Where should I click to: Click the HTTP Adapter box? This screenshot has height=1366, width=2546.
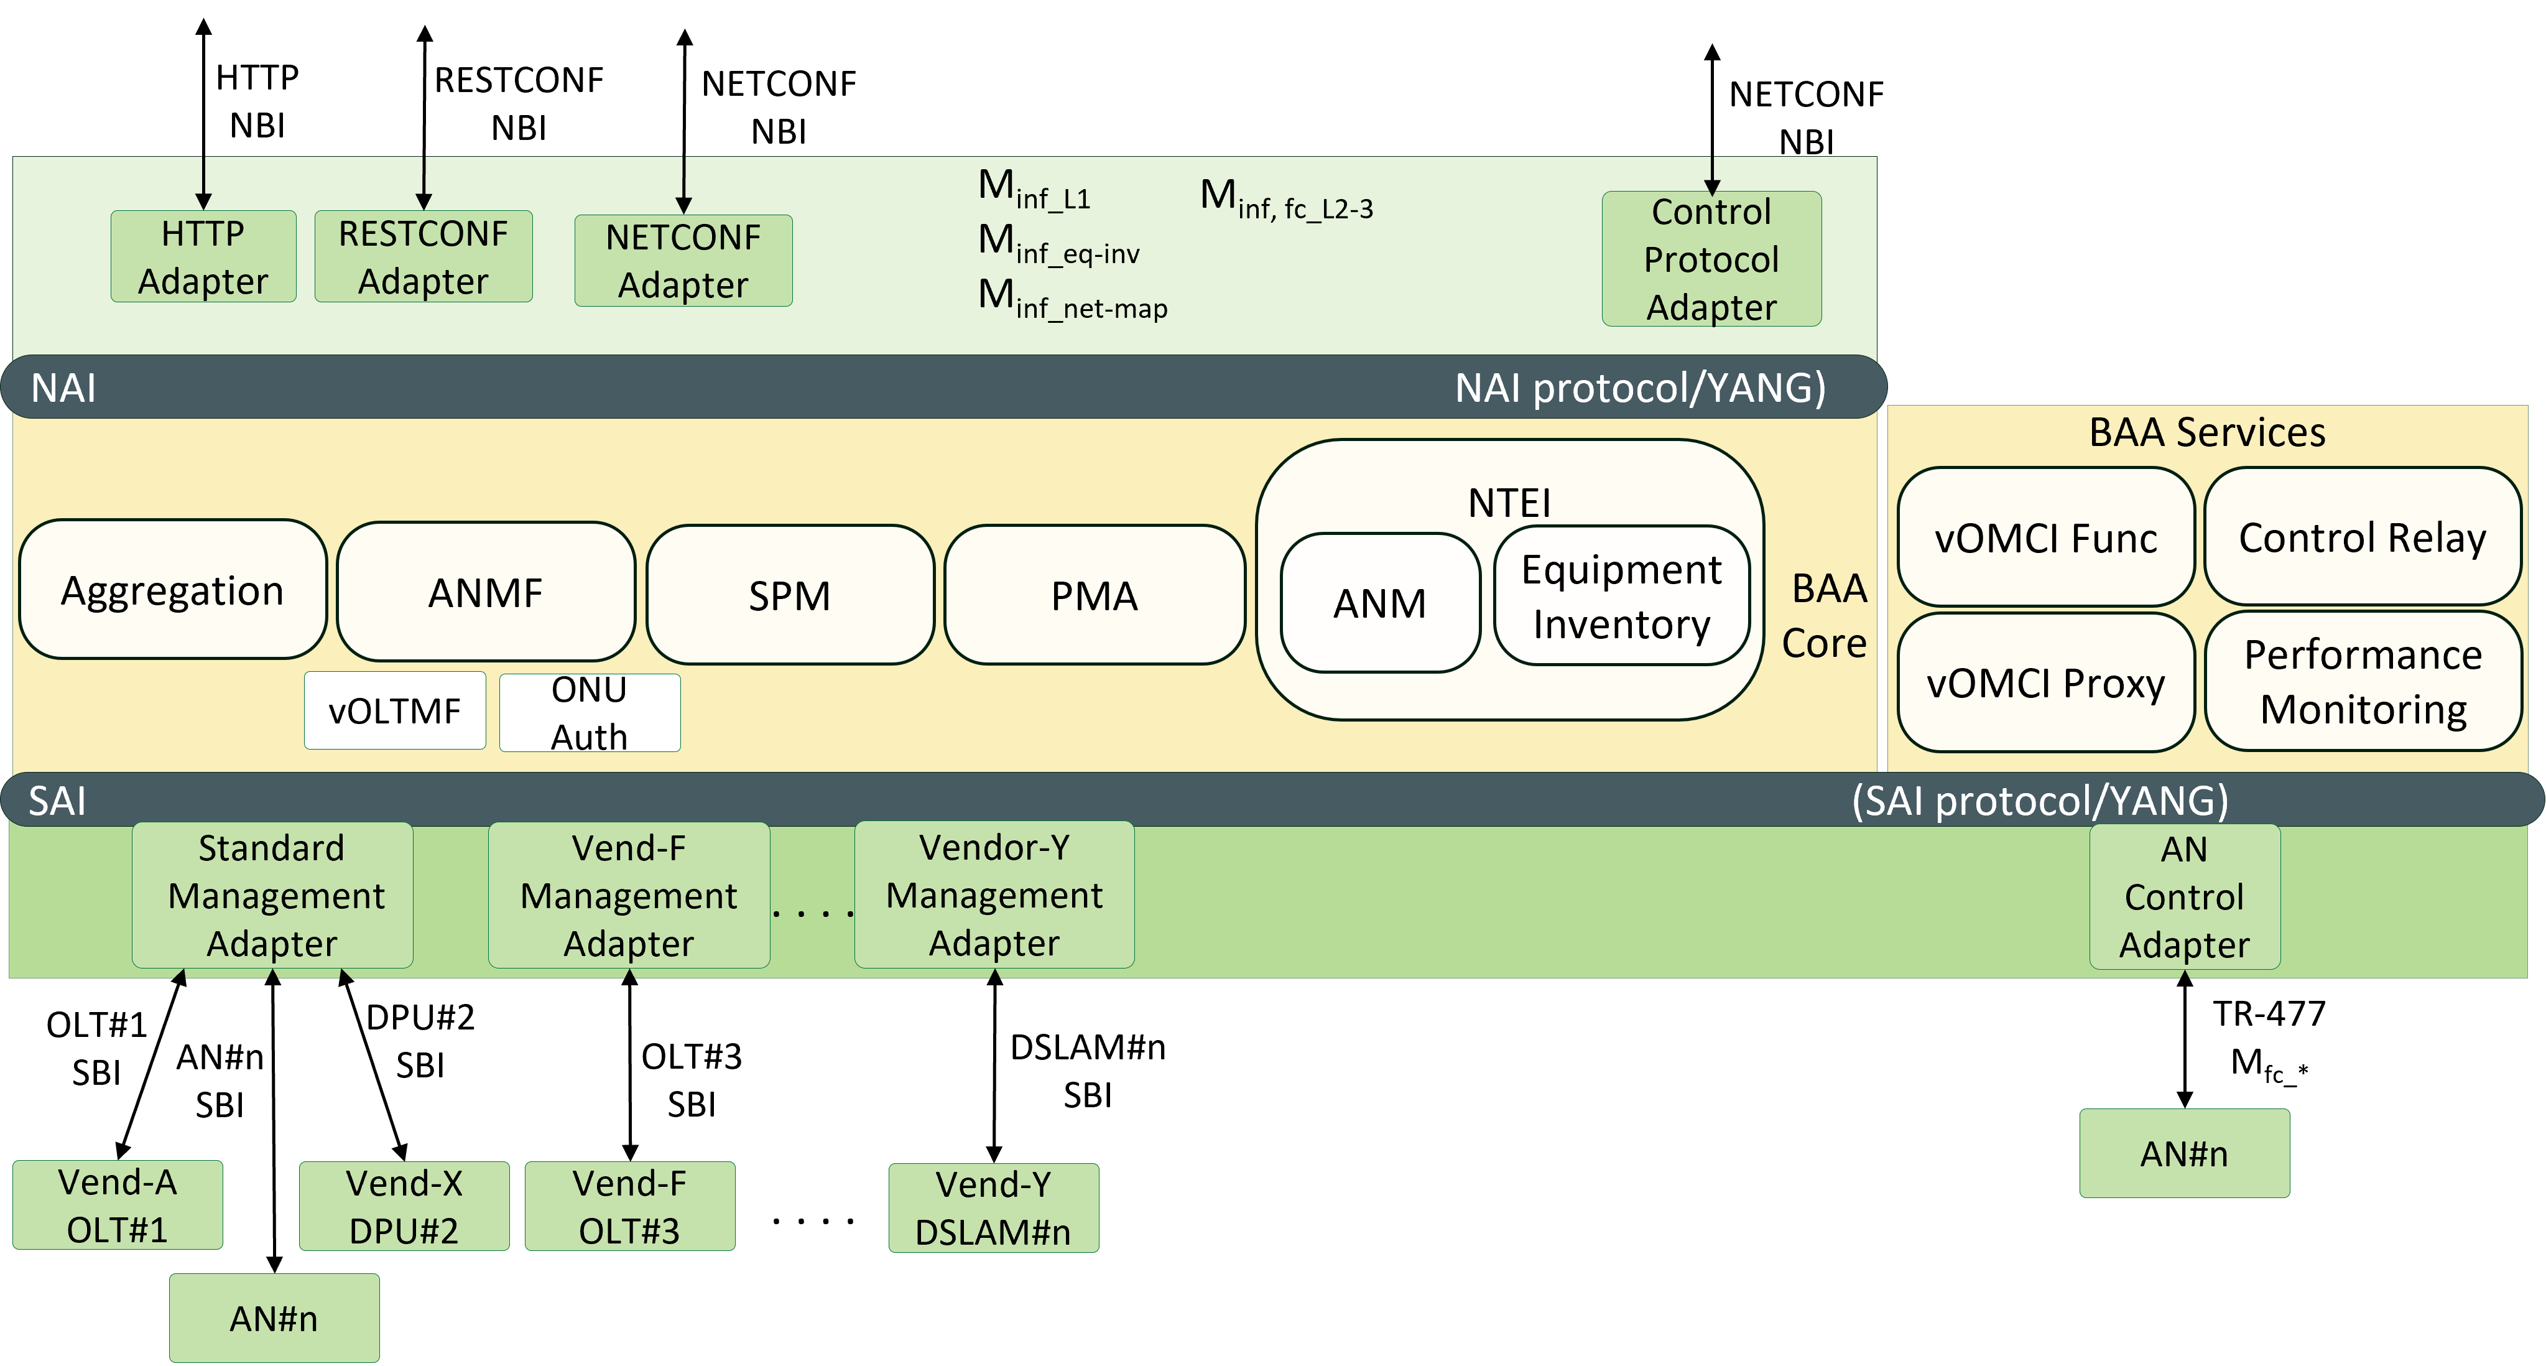click(203, 256)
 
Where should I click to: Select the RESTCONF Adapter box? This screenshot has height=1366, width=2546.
click(423, 256)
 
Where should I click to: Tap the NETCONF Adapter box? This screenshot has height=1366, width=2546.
click(683, 260)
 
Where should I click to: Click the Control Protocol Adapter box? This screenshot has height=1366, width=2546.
click(1711, 259)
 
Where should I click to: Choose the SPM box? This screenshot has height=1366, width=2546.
click(790, 595)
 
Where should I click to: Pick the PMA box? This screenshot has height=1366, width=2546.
click(1094, 595)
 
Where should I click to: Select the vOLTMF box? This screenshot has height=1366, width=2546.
click(394, 710)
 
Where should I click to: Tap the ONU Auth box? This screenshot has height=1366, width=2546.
click(589, 713)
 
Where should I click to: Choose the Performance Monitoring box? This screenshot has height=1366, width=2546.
click(2362, 682)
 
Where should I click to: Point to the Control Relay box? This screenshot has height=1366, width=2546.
click(2362, 537)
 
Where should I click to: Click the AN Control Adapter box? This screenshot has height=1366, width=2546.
click(2184, 896)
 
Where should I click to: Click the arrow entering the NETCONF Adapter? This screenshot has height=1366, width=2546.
click(683, 188)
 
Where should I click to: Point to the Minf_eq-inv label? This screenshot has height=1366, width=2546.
click(1058, 244)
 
